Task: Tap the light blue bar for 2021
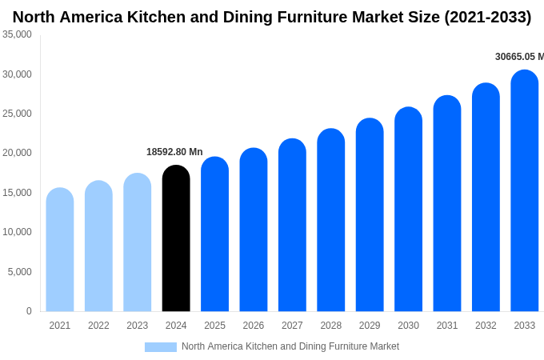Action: point(60,250)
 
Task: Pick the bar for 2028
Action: point(330,220)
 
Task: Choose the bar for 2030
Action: point(408,210)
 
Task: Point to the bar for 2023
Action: point(137,242)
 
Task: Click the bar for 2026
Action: point(254,230)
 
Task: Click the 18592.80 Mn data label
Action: point(174,152)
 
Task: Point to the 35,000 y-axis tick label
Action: point(17,34)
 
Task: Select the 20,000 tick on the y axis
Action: point(17,153)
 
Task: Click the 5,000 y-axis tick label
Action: point(20,272)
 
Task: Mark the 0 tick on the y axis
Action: point(29,311)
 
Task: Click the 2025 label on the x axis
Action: point(214,326)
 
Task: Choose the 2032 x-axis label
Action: point(486,326)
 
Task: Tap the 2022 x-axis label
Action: point(98,326)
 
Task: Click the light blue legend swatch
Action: point(160,347)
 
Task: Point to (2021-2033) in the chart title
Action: point(487,17)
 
